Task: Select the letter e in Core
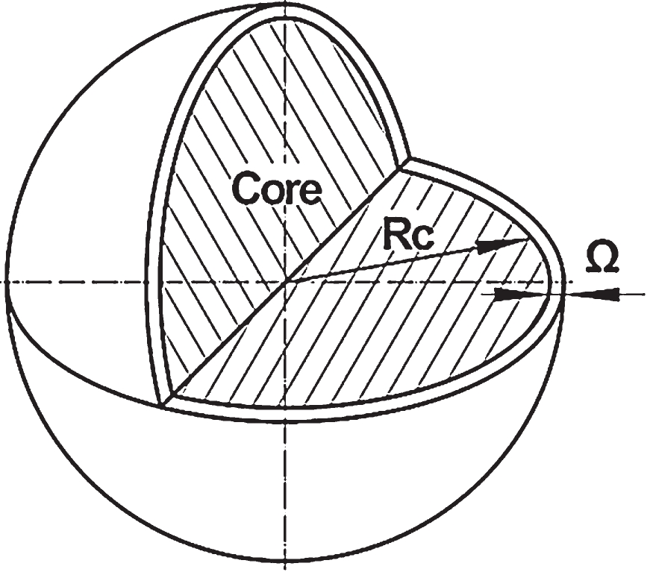point(310,192)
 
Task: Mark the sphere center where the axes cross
point(285,283)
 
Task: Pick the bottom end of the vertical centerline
point(285,569)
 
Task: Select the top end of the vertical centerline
point(285,2)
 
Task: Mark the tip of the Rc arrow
point(529,239)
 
